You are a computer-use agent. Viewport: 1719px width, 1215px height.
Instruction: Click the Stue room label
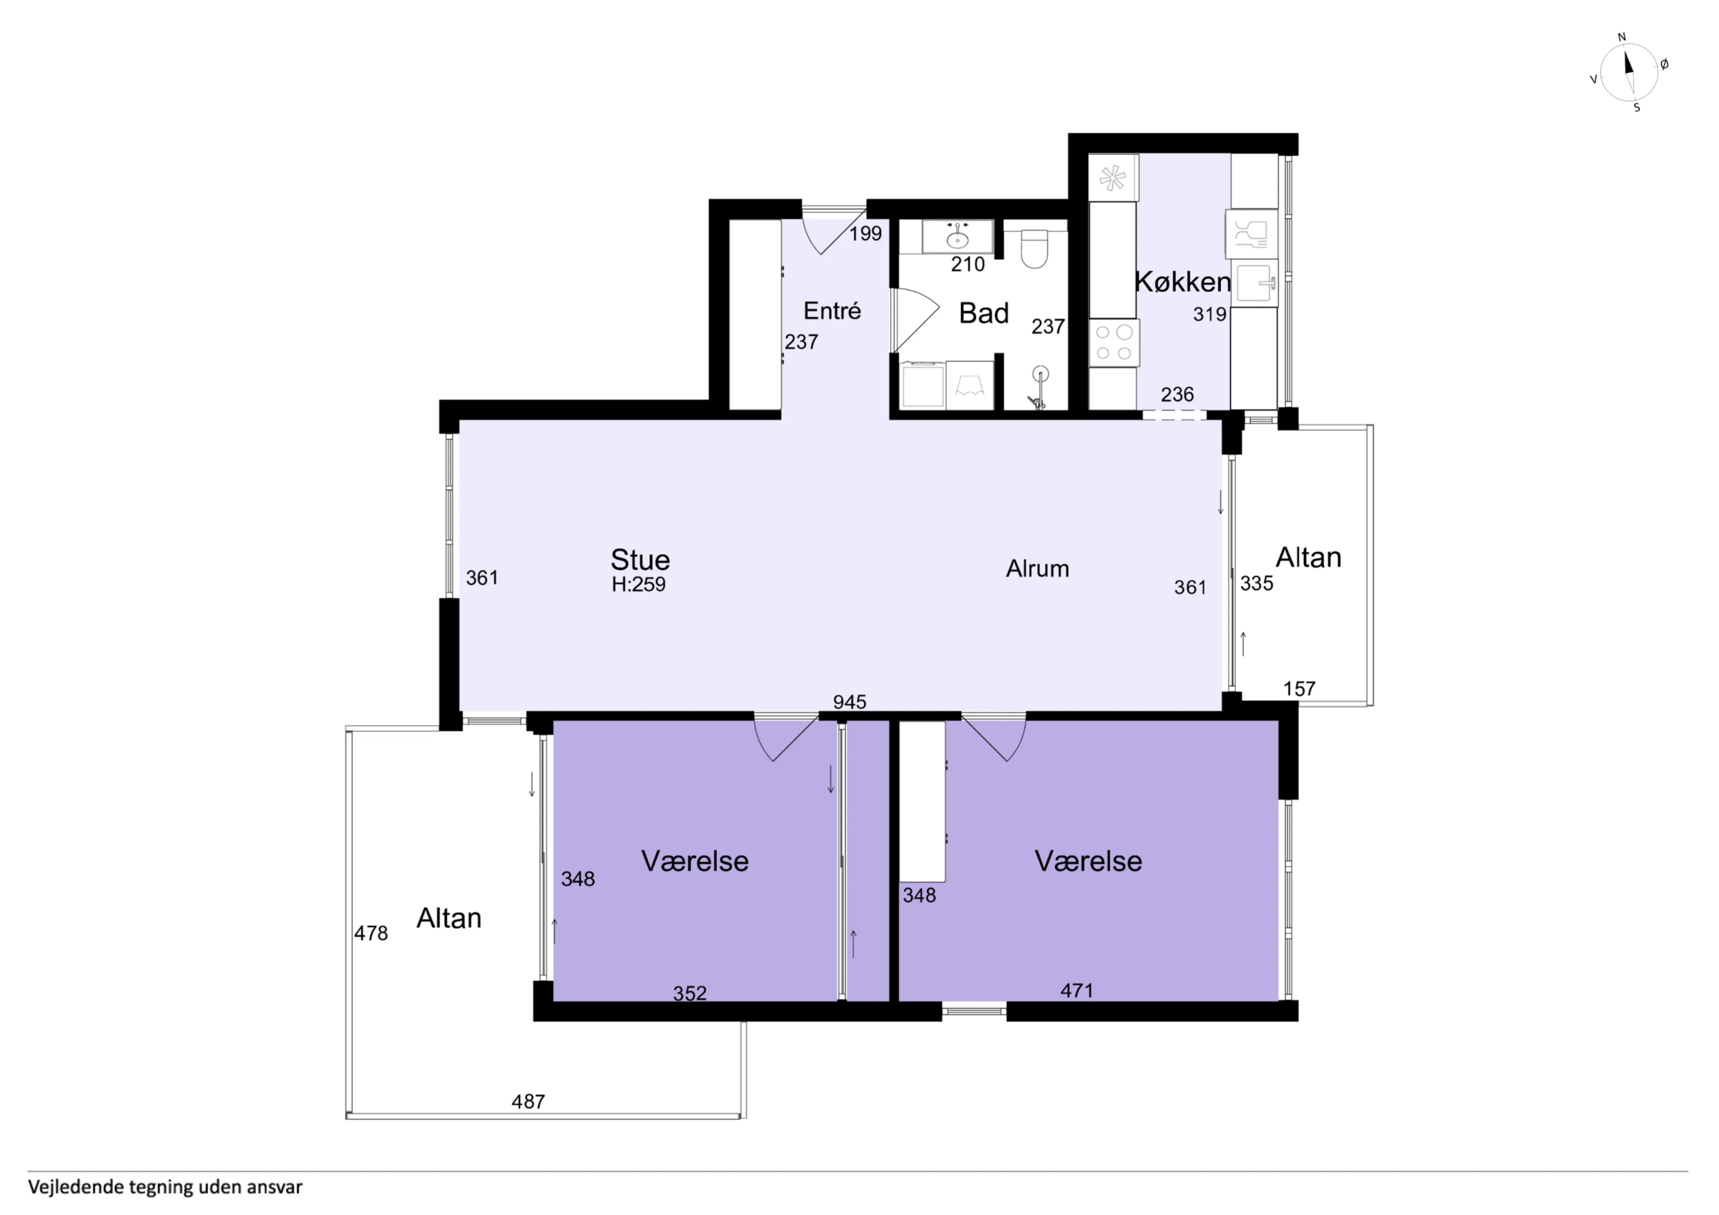coord(640,560)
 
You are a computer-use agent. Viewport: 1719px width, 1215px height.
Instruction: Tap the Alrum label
coord(1037,569)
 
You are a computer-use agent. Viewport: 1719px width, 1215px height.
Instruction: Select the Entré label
coord(832,311)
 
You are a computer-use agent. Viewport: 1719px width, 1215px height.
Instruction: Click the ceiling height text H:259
coord(639,584)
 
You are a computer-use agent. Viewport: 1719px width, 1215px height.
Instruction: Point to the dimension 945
coord(850,702)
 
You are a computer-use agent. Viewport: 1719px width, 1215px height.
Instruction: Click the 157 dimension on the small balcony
coord(1299,689)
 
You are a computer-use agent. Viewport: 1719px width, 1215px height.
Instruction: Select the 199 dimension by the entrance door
coord(865,234)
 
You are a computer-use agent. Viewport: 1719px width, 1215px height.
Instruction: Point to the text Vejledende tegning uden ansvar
coord(166,1187)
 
